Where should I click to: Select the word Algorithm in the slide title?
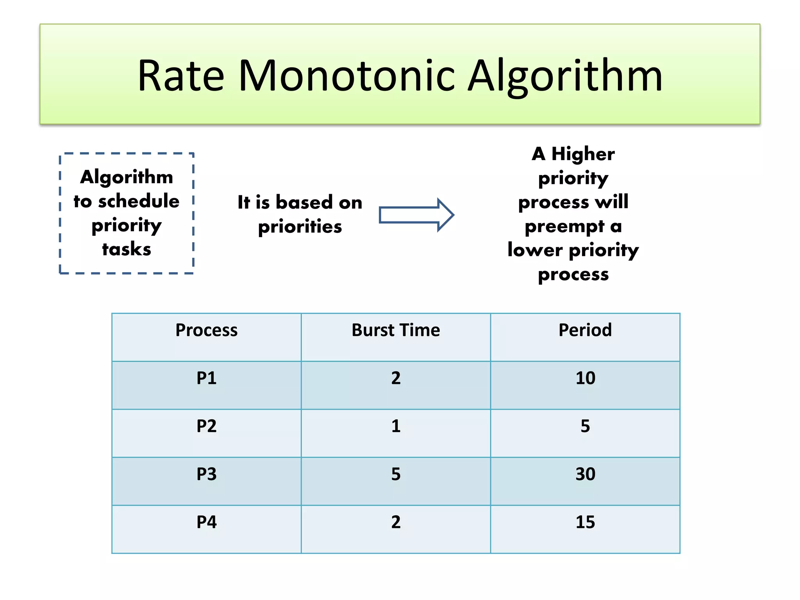point(565,76)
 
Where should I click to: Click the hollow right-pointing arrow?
point(416,215)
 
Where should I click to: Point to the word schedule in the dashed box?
point(139,201)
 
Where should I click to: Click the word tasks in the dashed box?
point(127,249)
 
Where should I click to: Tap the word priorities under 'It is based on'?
point(300,227)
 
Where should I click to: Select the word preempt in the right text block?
point(564,227)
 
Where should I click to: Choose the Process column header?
point(206,330)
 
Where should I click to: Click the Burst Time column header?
point(396,330)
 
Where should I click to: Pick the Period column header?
point(585,330)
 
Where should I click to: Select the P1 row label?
point(206,378)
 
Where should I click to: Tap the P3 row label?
point(206,474)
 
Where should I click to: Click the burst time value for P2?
point(396,426)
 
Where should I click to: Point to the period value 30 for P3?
point(585,474)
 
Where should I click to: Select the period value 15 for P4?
point(585,522)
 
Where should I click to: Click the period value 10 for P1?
point(585,378)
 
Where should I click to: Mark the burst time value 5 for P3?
point(396,474)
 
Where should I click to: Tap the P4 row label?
point(206,522)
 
